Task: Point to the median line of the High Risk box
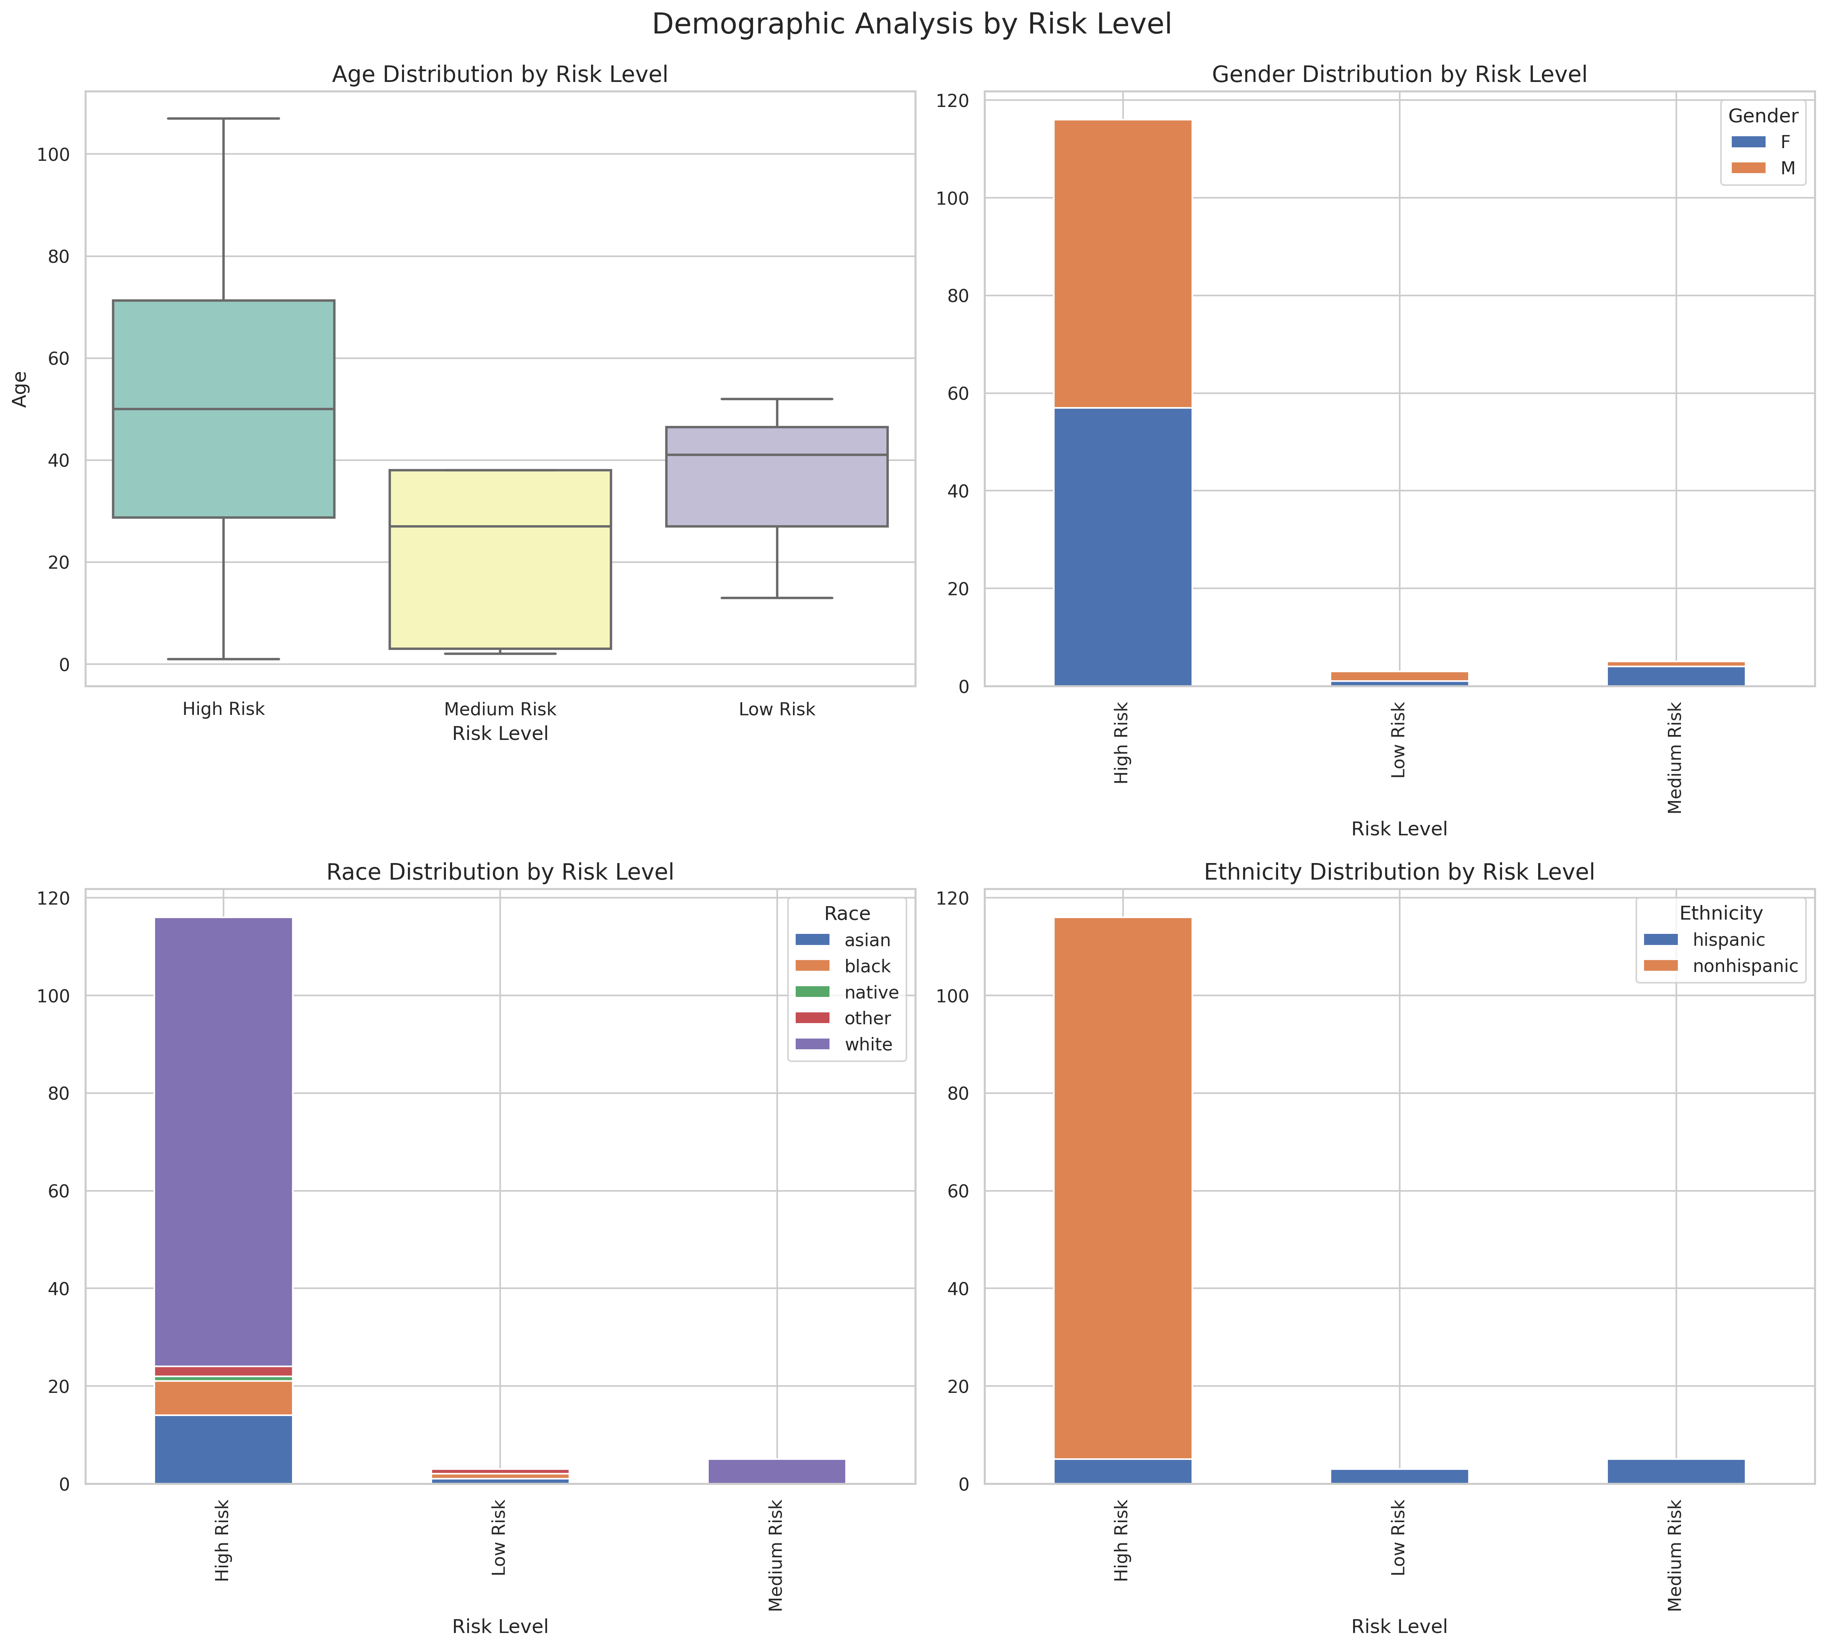224,409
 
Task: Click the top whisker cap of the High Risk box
224,119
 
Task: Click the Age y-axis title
20,389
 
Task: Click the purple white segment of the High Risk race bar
224,1141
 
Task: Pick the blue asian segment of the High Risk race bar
224,1449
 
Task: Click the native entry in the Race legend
851,992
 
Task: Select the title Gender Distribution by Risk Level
1399,74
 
